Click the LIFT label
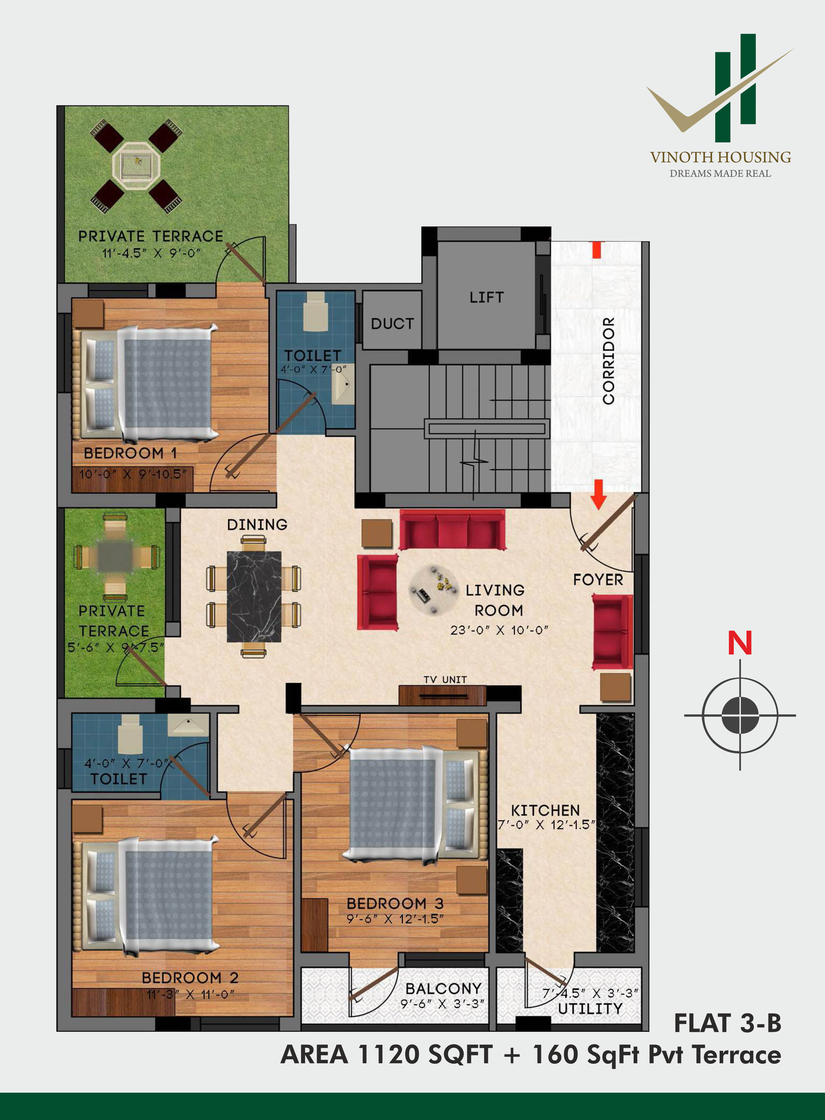point(486,297)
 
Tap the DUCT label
point(393,324)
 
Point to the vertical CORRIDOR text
point(608,361)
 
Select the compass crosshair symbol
point(740,715)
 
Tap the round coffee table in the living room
point(433,590)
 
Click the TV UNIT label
point(445,680)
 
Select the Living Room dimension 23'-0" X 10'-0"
point(499,630)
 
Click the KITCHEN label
point(545,810)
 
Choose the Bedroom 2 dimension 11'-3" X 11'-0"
point(190,994)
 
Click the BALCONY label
point(443,988)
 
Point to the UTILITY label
point(590,1009)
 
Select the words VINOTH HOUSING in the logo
point(720,157)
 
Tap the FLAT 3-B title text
point(728,1023)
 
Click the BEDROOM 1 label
point(130,453)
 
